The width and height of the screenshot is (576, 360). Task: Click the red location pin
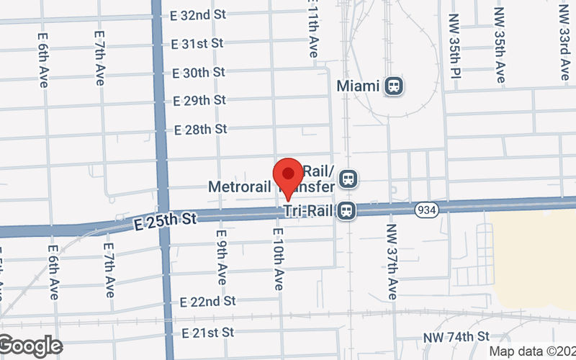289,174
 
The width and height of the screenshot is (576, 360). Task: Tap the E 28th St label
201,129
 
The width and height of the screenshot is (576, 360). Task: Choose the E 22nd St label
208,300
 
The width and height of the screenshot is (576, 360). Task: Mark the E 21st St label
208,333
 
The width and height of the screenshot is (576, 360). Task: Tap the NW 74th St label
456,336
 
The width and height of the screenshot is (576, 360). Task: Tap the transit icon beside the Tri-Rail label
347,211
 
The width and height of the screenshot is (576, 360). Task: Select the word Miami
358,86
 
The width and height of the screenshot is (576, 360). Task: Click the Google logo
30,346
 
